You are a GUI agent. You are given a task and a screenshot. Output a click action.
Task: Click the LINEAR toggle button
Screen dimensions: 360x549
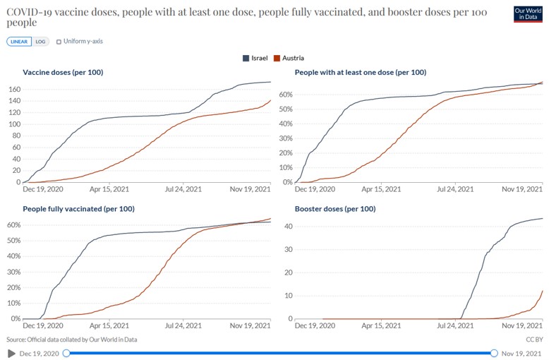coord(18,42)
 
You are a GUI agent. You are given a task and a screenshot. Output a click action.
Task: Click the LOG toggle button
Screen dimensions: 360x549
coord(41,42)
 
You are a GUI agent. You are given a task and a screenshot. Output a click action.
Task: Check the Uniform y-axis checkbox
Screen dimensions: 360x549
coord(59,42)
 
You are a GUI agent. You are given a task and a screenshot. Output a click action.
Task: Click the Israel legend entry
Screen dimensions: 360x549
coord(255,58)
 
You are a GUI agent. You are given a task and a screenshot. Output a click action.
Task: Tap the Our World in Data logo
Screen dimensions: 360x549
coord(528,14)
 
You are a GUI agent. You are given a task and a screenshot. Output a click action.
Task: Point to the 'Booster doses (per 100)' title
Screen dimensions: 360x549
coord(334,209)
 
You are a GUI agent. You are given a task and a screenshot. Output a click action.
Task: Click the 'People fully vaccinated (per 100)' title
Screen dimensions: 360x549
coord(78,209)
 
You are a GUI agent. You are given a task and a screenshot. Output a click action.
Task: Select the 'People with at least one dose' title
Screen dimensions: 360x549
coord(360,72)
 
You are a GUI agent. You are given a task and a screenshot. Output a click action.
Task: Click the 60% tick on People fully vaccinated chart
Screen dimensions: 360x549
coord(13,224)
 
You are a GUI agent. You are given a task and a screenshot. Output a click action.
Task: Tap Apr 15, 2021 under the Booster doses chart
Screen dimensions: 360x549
coord(381,326)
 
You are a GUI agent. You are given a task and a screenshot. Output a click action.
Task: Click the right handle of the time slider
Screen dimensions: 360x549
coord(494,353)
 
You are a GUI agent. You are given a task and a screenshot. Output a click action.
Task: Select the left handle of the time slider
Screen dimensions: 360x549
coord(66,353)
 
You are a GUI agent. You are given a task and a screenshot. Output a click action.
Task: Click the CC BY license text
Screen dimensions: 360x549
coord(533,340)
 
